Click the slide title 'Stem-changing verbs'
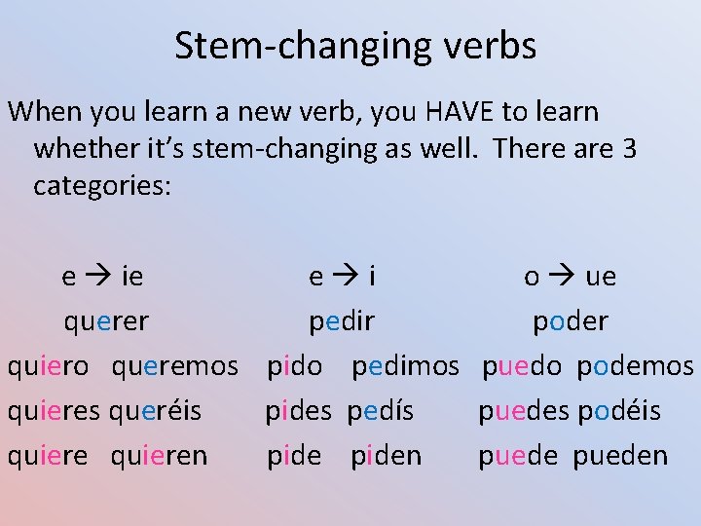[355, 46]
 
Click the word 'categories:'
[102, 185]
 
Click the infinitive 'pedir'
[342, 321]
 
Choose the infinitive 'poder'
[571, 321]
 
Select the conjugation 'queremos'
[175, 366]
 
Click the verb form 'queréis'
[156, 411]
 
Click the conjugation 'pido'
[294, 366]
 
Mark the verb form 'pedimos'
[405, 366]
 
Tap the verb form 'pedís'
[381, 411]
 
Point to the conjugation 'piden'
[387, 456]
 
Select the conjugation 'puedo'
[522, 366]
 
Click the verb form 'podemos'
[635, 366]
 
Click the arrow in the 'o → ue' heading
[563, 278]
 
